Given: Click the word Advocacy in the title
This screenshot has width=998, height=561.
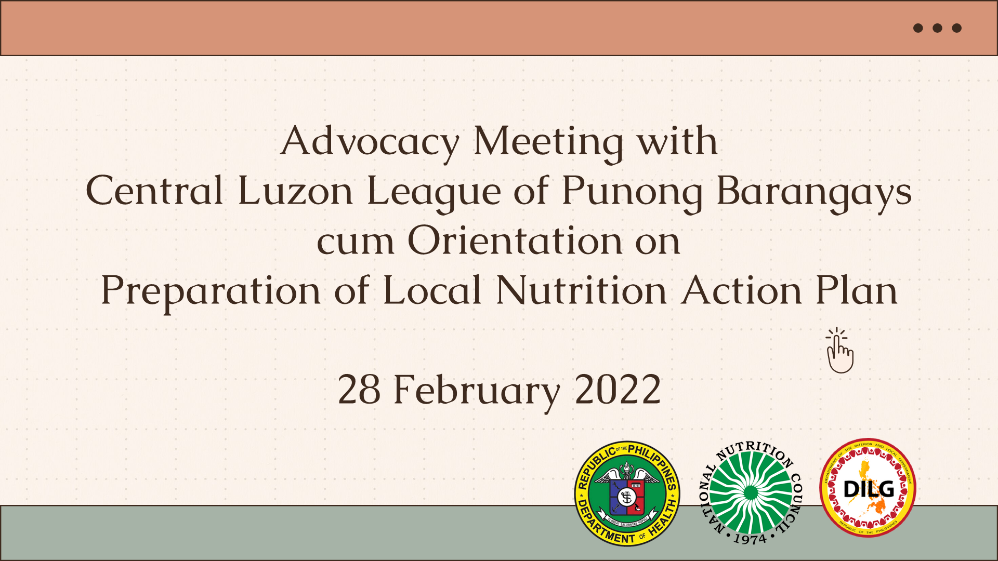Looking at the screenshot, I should [370, 141].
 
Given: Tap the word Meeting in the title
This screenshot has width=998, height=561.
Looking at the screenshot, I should [548, 141].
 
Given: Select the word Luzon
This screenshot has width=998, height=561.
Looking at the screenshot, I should [295, 191].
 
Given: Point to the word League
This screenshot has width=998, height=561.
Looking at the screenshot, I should [434, 191].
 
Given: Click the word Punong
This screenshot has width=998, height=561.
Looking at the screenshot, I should [632, 191].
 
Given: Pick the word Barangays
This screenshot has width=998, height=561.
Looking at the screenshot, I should [813, 191].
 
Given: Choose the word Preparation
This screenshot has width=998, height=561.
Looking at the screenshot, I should [211, 290].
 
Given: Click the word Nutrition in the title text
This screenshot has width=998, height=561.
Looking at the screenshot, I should [581, 290].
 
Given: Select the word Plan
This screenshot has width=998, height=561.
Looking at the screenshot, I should [856, 290].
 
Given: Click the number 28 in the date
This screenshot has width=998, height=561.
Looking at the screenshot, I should [359, 390].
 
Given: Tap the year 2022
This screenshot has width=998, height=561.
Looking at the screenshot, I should [618, 390].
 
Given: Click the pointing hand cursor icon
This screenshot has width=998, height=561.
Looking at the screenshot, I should [839, 352].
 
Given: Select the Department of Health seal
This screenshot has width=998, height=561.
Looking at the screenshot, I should [627, 493].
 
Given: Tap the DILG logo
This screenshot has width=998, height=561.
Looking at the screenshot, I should [868, 488].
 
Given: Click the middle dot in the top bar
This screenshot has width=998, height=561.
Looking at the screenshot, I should [937, 28].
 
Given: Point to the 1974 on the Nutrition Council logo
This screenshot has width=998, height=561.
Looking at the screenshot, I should [750, 539].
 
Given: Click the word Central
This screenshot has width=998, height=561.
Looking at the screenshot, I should [154, 191].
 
